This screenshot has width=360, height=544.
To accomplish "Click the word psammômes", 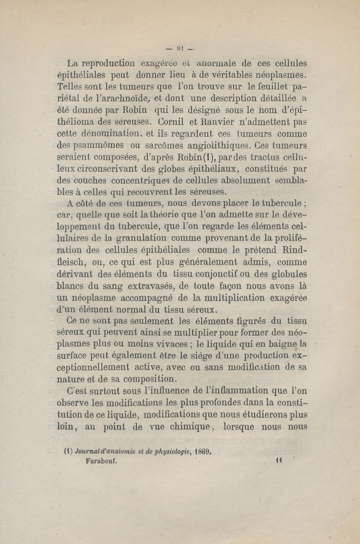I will click(x=94, y=146).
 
